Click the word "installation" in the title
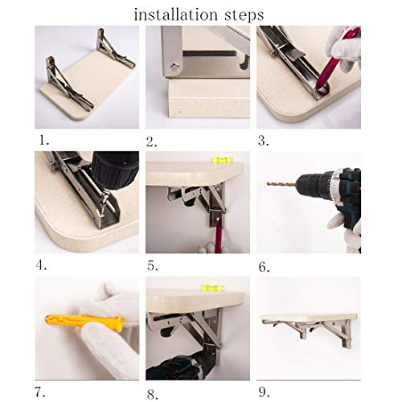175,14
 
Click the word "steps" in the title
244,16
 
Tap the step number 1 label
43,140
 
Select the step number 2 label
151,142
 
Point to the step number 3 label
264,141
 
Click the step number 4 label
41,265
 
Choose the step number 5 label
153,266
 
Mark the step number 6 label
264,267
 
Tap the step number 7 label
39,392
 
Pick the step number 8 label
153,395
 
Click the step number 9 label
264,392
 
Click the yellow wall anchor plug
85,322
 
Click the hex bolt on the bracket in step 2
175,66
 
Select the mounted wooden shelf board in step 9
310,317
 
